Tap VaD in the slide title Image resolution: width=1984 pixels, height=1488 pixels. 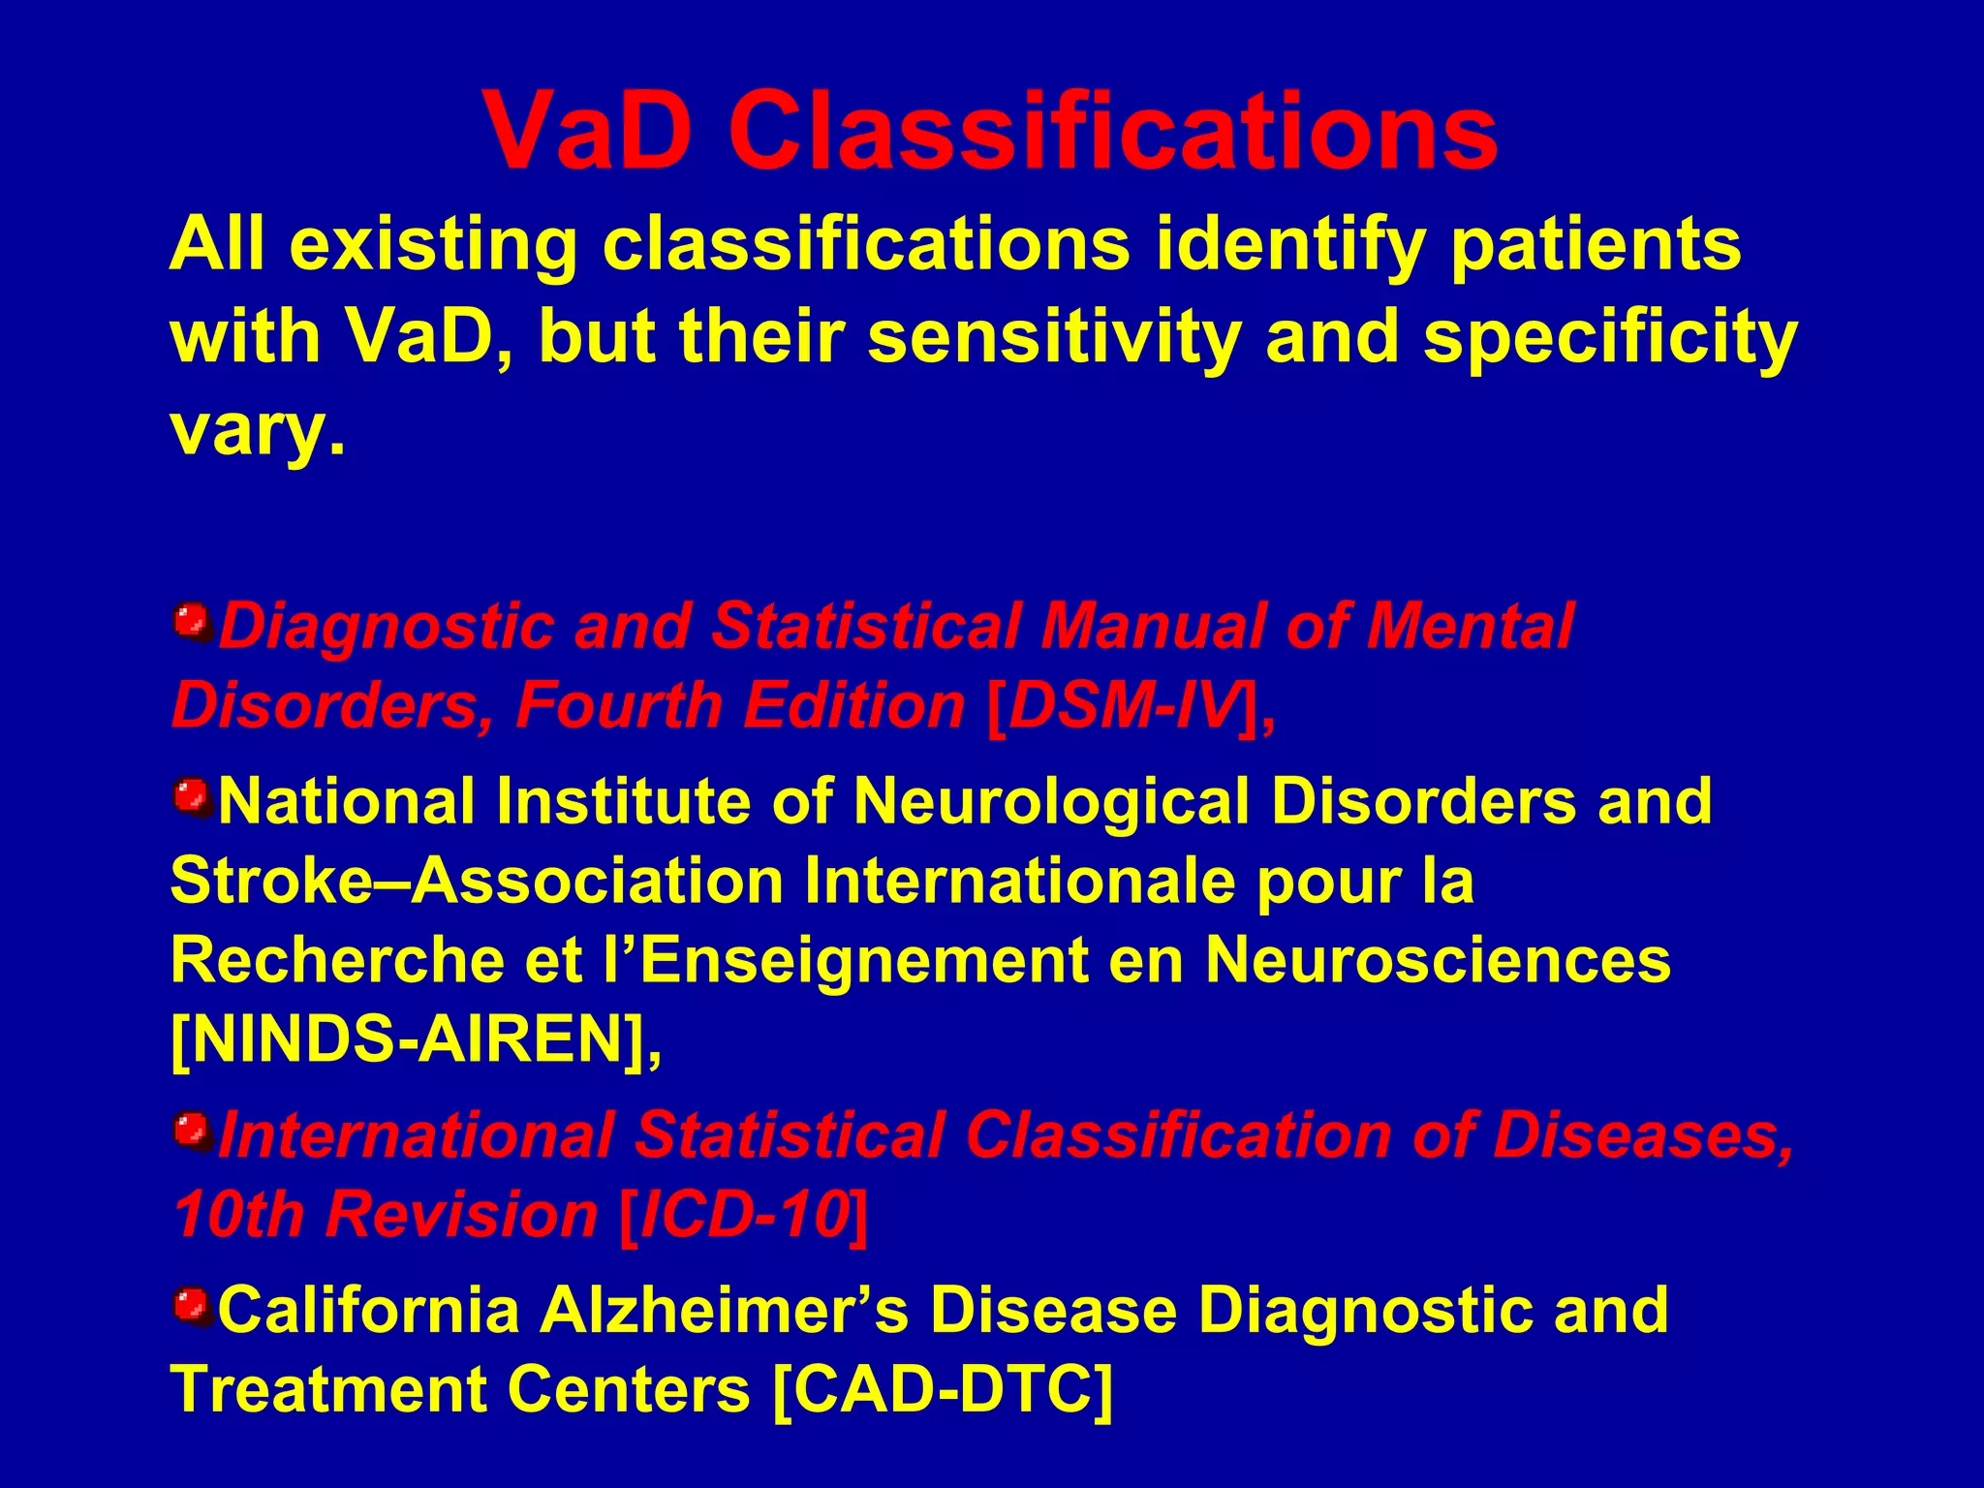tap(589, 131)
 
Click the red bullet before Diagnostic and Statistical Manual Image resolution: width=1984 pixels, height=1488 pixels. tap(192, 621)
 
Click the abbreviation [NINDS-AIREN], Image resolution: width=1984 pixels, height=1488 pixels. tap(417, 1039)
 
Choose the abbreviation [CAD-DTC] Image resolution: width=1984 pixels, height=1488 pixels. tap(944, 1389)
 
